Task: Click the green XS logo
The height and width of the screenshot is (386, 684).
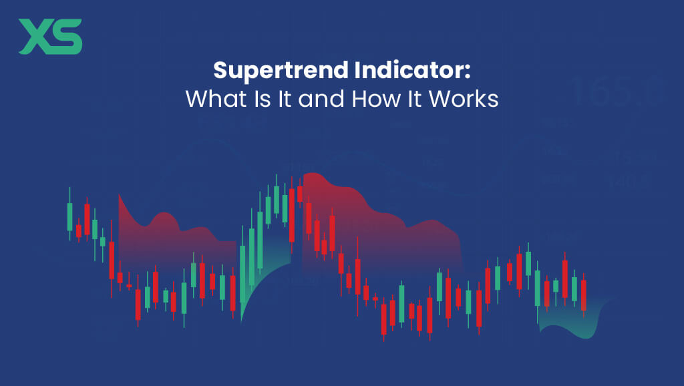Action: (x=50, y=36)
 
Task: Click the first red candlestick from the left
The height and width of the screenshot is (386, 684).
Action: (x=78, y=230)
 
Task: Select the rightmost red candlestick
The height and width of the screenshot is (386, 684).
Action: (x=583, y=295)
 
